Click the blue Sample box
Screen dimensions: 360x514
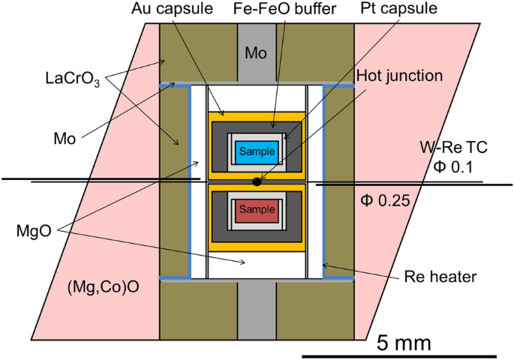[x=257, y=151]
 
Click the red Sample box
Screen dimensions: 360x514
[x=257, y=210]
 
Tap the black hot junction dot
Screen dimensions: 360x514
[x=257, y=181]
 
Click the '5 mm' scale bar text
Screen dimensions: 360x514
[x=403, y=343]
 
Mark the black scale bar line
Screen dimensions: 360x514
[x=398, y=355]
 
